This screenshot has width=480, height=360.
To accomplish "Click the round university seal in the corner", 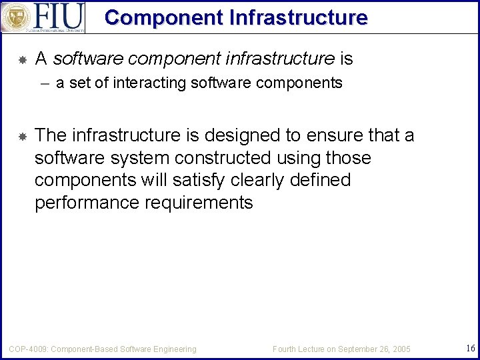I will point(15,17).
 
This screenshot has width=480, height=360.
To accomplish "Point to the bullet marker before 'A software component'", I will point(21,60).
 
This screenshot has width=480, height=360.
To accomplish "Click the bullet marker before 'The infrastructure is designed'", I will point(21,137).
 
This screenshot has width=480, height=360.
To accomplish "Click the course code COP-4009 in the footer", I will point(27,349).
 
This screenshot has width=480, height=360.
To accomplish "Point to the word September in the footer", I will point(359,349).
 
